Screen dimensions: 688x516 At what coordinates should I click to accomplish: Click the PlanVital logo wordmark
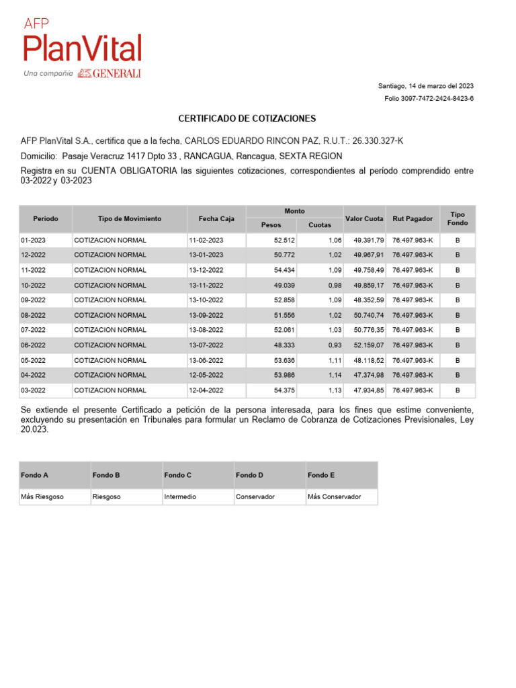(83, 48)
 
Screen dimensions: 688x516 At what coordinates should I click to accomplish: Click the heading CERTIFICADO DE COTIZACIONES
(247, 118)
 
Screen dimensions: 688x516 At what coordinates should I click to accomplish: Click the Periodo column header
(46, 219)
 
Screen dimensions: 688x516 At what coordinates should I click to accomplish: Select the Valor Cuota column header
(364, 219)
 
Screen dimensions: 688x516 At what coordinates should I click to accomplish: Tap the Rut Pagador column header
(413, 219)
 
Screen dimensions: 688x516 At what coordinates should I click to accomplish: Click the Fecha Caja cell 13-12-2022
(206, 270)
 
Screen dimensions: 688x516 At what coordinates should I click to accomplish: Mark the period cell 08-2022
(33, 315)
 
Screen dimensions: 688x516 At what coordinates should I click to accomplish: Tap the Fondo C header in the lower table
(177, 475)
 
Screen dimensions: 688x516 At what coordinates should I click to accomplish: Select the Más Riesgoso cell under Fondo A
(42, 497)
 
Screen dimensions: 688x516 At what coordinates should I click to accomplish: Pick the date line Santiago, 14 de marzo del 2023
(426, 86)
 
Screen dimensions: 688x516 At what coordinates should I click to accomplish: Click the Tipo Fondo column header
(458, 218)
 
